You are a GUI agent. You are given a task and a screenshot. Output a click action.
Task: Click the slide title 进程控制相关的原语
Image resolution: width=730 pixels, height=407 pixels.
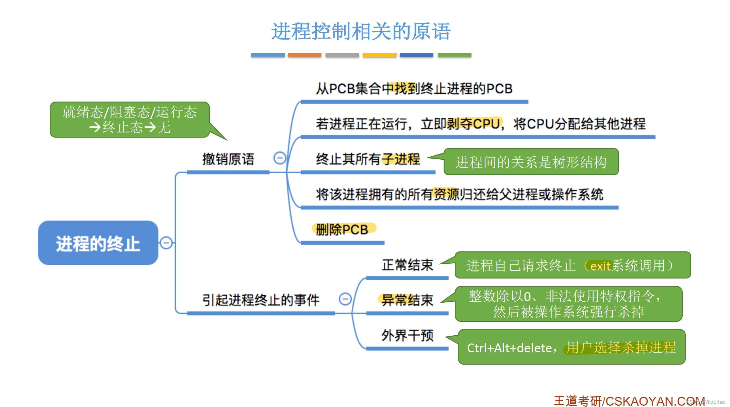361,32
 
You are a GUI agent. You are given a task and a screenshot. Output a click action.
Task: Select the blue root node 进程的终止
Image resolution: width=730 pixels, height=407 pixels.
98,243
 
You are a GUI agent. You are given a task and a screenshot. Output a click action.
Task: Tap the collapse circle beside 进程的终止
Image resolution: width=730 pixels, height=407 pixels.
166,243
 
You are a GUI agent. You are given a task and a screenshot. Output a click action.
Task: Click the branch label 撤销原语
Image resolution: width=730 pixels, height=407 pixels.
228,159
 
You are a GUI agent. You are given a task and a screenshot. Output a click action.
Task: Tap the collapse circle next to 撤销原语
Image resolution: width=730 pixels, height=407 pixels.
280,158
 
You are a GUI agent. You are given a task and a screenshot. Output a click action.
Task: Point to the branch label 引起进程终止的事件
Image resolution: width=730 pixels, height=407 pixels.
261,300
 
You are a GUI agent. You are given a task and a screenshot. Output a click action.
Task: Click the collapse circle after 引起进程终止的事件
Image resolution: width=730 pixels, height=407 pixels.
345,299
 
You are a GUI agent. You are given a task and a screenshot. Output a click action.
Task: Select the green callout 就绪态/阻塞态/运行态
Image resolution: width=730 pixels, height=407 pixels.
130,120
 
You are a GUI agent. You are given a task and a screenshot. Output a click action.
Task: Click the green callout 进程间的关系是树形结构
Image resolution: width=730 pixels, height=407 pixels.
531,162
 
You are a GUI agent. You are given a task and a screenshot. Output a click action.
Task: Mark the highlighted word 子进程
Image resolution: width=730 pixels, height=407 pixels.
401,159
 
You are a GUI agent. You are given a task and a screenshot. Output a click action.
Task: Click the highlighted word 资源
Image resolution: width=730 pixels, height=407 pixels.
446,194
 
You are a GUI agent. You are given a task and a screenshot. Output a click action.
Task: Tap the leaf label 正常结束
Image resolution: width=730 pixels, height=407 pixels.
407,265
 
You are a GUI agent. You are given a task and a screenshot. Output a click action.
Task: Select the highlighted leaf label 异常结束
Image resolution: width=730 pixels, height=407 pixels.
407,300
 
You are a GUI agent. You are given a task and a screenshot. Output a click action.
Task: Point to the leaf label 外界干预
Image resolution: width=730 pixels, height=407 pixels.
407,335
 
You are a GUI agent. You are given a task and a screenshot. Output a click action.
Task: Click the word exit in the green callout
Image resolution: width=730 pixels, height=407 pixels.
600,266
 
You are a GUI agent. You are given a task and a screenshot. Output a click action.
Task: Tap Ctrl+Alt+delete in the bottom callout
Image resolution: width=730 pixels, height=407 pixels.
509,348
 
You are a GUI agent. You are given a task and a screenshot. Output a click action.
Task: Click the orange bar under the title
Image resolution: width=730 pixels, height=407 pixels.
304,55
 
